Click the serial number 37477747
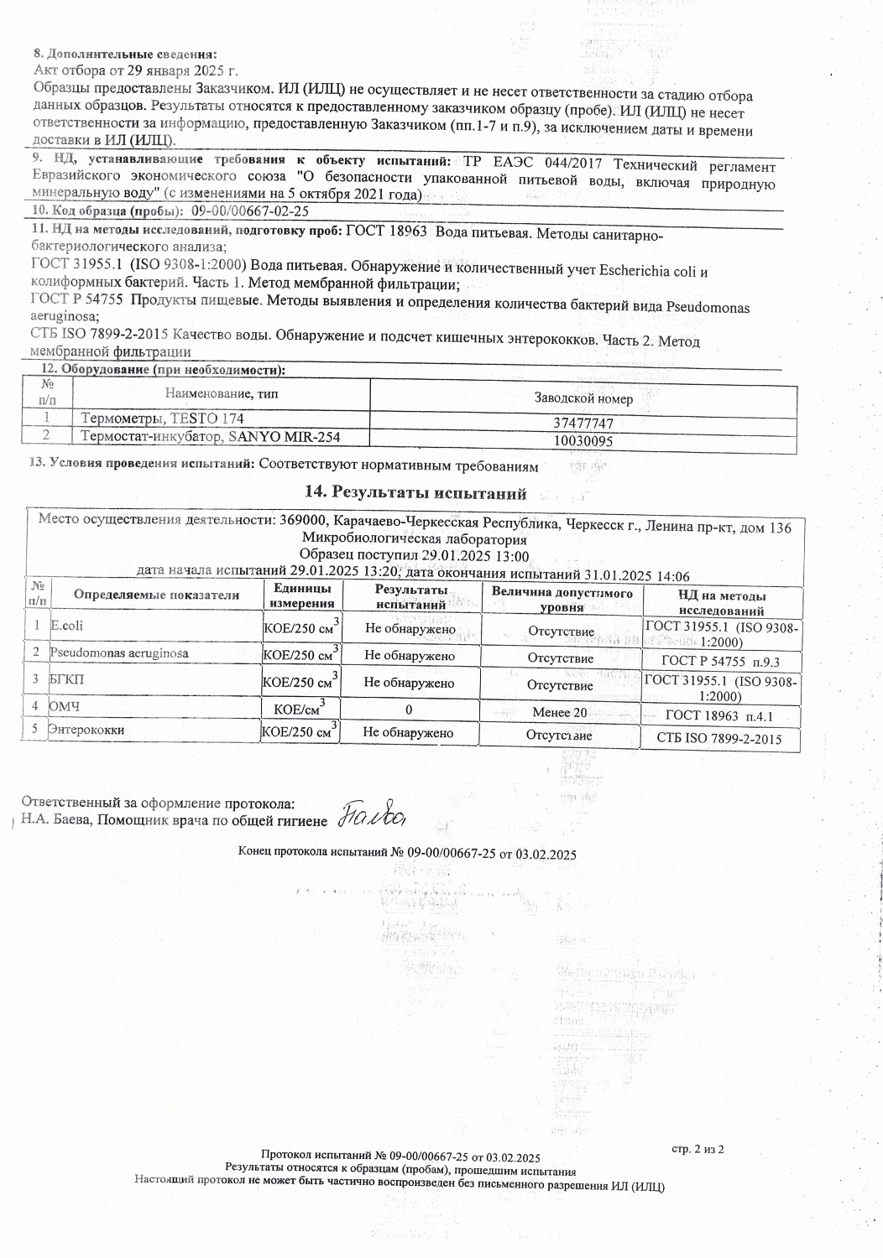pos(585,424)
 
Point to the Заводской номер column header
pos(583,398)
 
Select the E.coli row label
pos(66,626)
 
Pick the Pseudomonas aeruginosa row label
pos(118,652)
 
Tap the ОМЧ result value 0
pos(409,710)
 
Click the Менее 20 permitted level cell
pos(560,713)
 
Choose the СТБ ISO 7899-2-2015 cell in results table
pos(720,739)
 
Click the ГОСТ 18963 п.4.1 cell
pos(719,716)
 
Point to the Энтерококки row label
pos(86,730)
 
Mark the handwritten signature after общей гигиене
pos(373,814)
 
